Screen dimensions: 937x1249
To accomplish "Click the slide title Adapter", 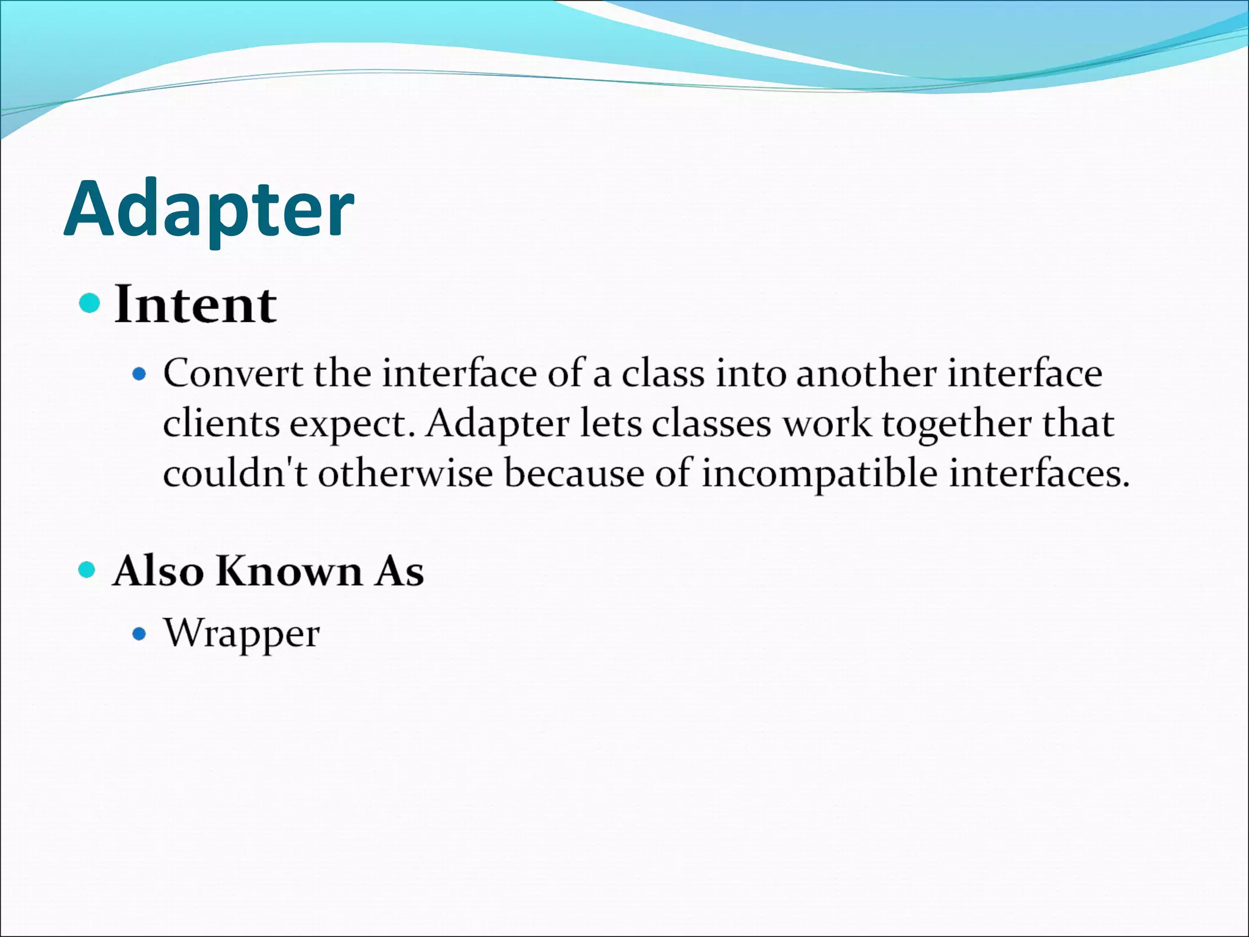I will pyautogui.click(x=209, y=209).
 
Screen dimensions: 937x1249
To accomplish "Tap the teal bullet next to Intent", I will pyautogui.click(x=90, y=303).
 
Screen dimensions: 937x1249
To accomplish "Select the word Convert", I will pyautogui.click(x=232, y=373).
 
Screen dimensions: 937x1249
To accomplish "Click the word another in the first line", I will pyautogui.click(x=866, y=373).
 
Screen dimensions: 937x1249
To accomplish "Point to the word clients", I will pyautogui.click(x=221, y=423).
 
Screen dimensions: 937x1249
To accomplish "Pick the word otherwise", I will pyautogui.click(x=405, y=473).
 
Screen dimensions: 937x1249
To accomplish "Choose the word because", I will pyautogui.click(x=574, y=473).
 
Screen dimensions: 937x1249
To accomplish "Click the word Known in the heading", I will pyautogui.click(x=289, y=571).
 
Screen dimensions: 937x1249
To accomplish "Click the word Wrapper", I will pyautogui.click(x=242, y=634).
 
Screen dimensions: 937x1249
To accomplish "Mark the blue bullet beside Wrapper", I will pyautogui.click(x=140, y=634).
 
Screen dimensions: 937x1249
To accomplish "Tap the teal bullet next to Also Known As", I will pyautogui.click(x=88, y=570).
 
